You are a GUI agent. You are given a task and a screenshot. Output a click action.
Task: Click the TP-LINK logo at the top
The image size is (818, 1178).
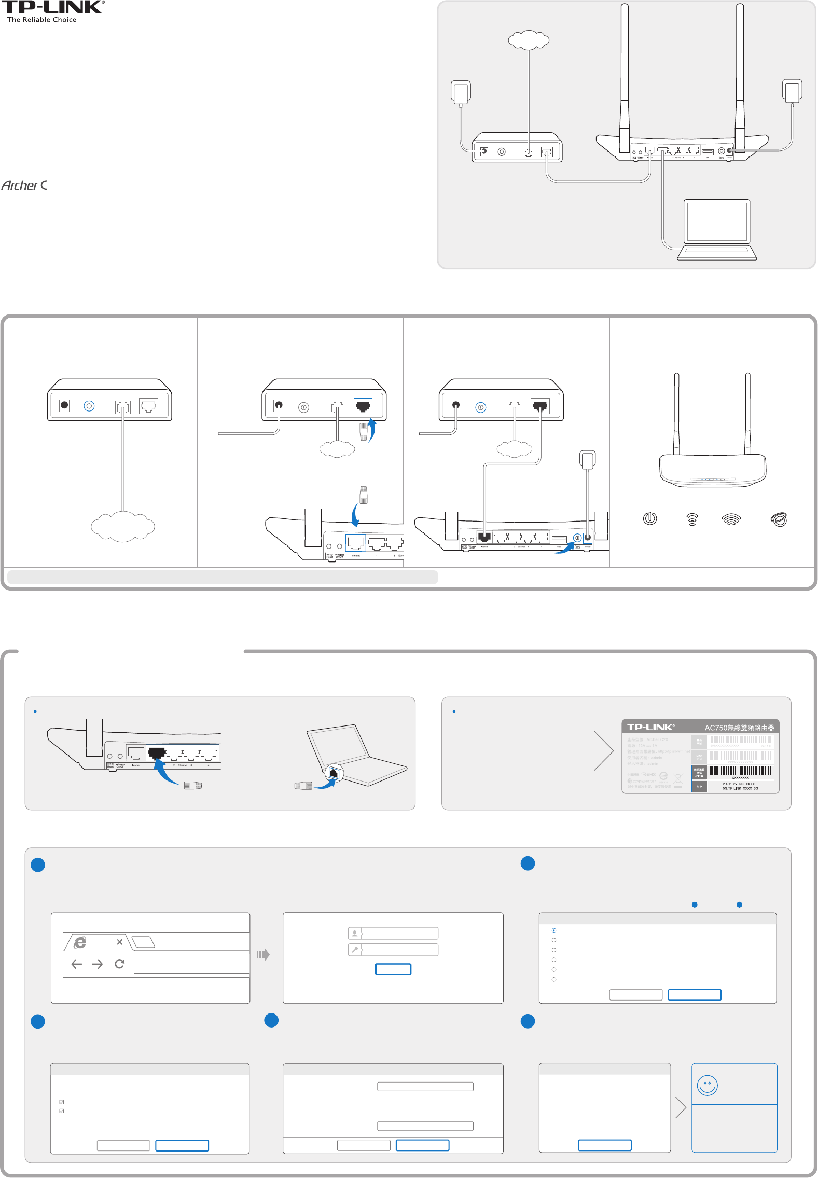pyautogui.click(x=52, y=7)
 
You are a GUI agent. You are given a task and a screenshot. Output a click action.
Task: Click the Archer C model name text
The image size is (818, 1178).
pyautogui.click(x=24, y=185)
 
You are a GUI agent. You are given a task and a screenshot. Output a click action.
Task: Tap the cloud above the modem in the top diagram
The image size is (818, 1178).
pyautogui.click(x=528, y=39)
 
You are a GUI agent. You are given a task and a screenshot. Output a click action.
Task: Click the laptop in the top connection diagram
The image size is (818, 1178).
pyautogui.click(x=717, y=229)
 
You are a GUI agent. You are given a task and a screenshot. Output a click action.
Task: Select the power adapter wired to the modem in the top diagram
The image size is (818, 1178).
pyautogui.click(x=461, y=92)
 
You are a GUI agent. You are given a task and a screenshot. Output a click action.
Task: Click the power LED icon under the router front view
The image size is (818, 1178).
pyautogui.click(x=650, y=518)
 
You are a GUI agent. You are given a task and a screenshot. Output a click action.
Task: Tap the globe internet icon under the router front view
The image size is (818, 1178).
pyautogui.click(x=779, y=519)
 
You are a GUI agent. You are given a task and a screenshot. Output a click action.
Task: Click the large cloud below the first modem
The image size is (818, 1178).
pyautogui.click(x=123, y=526)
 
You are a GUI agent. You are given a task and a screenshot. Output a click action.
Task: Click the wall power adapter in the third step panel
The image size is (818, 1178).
pyautogui.click(x=587, y=460)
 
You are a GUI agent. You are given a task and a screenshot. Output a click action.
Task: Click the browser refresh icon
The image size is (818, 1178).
pyautogui.click(x=119, y=964)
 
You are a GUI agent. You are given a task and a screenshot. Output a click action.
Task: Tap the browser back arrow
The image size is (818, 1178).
pyautogui.click(x=77, y=964)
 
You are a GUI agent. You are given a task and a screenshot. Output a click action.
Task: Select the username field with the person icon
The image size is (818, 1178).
pyautogui.click(x=393, y=934)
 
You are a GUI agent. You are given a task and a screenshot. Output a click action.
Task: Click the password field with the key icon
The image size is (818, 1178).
pyautogui.click(x=393, y=950)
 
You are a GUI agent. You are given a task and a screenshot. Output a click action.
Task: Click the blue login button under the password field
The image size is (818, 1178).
pyautogui.click(x=393, y=969)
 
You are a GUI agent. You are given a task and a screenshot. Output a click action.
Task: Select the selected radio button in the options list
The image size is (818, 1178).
pyautogui.click(x=554, y=930)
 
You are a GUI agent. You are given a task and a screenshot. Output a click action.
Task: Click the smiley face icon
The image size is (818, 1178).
pyautogui.click(x=707, y=1085)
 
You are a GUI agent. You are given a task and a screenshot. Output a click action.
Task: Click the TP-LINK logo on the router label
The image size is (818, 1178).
pyautogui.click(x=650, y=727)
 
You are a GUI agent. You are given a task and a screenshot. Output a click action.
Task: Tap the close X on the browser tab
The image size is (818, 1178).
pyautogui.click(x=119, y=942)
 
